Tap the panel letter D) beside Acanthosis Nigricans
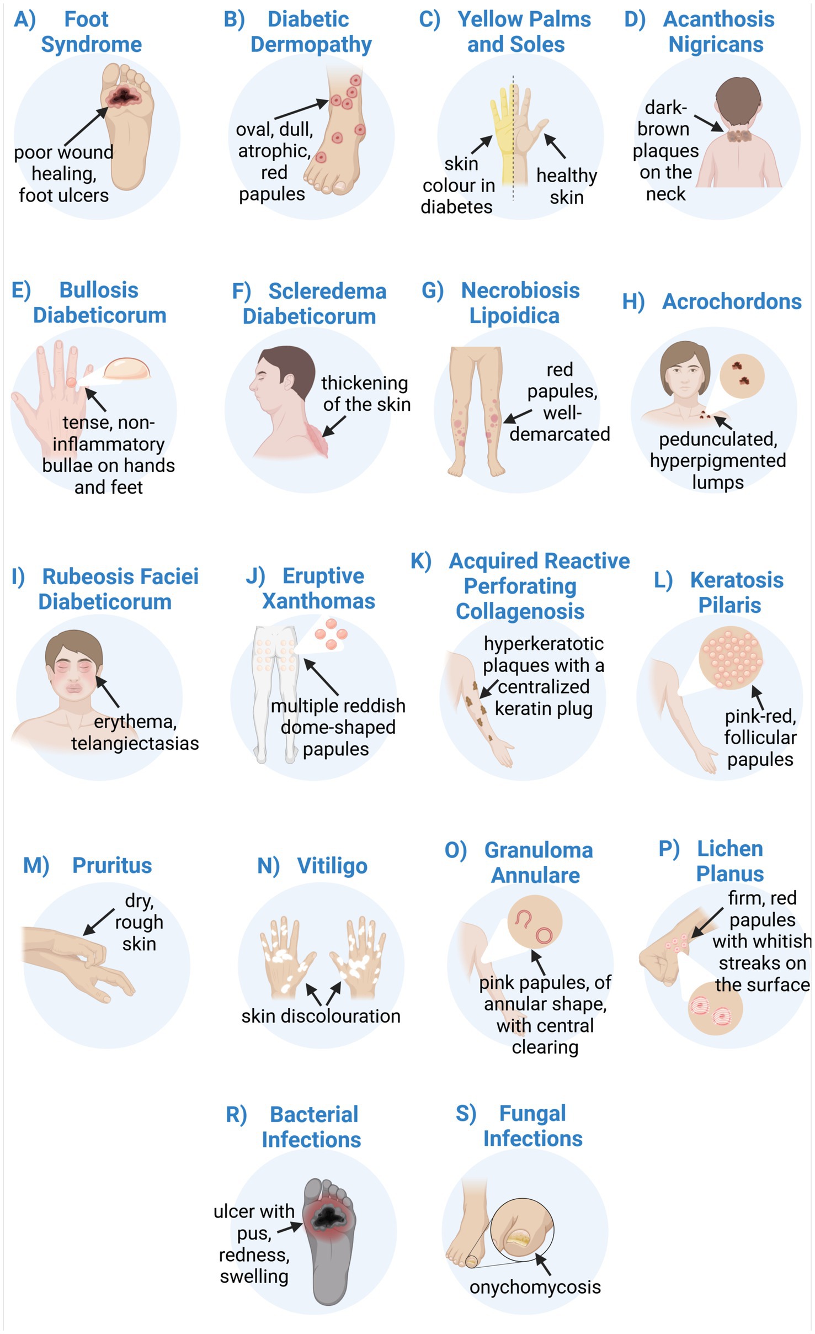click(635, 19)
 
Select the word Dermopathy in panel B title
click(311, 45)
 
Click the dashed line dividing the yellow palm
click(513, 138)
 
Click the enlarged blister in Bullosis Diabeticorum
click(127, 369)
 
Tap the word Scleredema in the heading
click(327, 291)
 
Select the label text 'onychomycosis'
click(535, 1287)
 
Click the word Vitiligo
click(332, 866)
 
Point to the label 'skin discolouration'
click(321, 1016)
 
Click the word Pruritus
click(112, 865)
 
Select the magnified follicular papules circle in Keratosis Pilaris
click(731, 657)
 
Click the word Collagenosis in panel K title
click(520, 611)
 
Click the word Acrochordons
click(732, 301)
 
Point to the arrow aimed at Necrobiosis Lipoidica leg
click(517, 416)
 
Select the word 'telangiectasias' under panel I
click(135, 743)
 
